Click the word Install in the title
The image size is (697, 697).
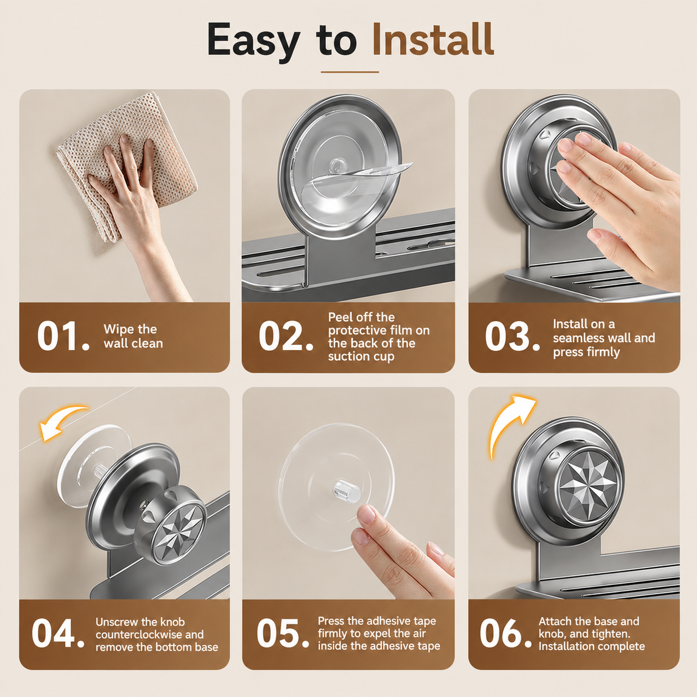[x=433, y=39]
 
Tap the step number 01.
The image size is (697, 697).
[x=63, y=336]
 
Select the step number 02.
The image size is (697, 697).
[x=286, y=336]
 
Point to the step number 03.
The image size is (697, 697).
[x=512, y=336]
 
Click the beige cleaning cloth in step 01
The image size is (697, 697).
[x=127, y=163]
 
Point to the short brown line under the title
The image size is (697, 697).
[x=350, y=72]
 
